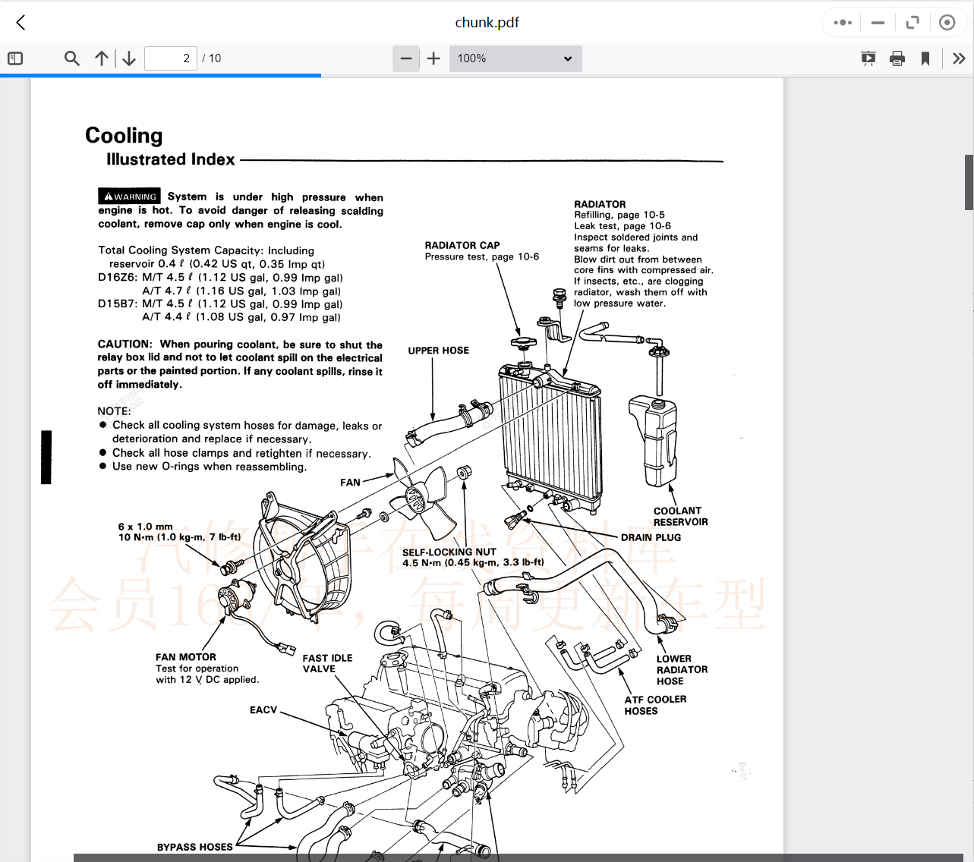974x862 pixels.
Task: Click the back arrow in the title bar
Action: (x=20, y=23)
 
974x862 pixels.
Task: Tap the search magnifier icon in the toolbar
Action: (x=72, y=58)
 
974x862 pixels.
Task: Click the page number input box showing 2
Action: (x=171, y=58)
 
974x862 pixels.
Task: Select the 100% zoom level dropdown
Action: (x=515, y=58)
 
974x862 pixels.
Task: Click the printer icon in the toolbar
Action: (x=897, y=58)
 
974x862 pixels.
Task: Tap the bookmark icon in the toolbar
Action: (x=925, y=58)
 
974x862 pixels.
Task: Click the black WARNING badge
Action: (x=129, y=197)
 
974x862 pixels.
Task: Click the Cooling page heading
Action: (x=124, y=136)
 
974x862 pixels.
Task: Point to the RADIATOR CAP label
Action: (x=462, y=245)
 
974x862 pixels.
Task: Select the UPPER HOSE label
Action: (x=439, y=351)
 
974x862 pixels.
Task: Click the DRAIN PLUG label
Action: (x=651, y=537)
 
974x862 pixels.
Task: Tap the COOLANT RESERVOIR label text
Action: (x=680, y=517)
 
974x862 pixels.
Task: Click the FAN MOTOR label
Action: (x=186, y=657)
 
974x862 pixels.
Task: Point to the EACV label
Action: (x=263, y=710)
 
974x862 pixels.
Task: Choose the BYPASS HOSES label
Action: (x=194, y=847)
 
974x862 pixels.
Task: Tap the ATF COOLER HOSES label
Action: (x=655, y=705)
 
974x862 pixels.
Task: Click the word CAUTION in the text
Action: (x=125, y=344)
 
